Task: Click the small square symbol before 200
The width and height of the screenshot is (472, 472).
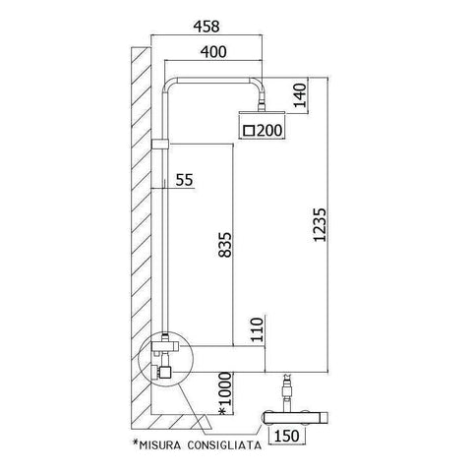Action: coord(249,130)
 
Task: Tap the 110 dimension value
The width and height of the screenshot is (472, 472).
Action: coord(257,329)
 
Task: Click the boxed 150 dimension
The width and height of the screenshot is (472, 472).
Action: coord(288,435)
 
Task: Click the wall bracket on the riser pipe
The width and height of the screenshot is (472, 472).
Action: coord(161,146)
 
